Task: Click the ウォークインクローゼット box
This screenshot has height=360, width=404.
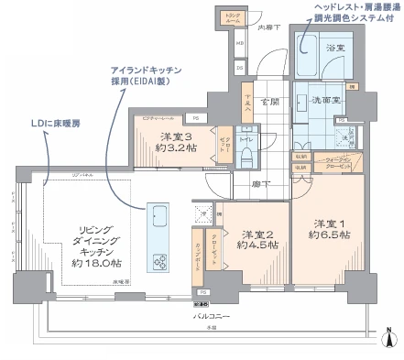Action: [333, 168]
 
